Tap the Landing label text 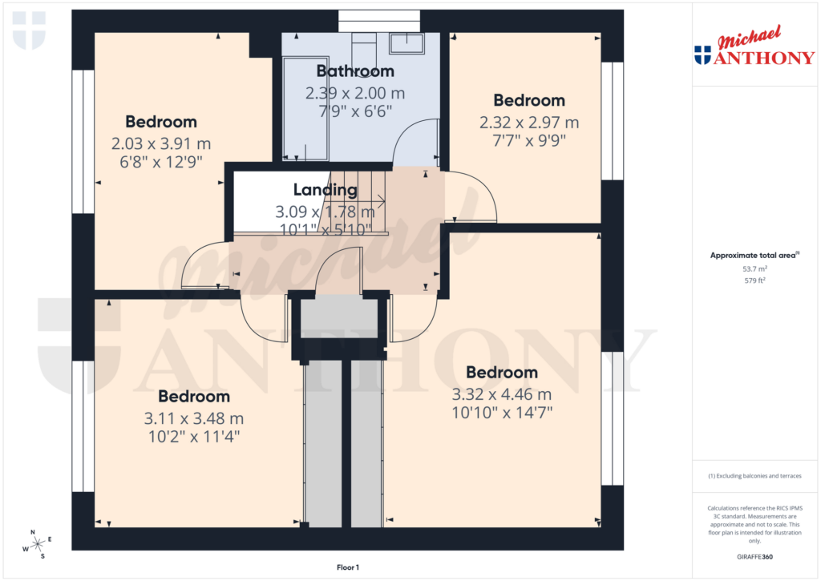325,190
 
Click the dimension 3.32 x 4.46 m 501,394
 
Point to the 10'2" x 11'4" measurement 193,437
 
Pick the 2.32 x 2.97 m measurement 528,123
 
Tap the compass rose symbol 37,544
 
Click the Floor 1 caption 347,567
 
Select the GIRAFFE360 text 755,557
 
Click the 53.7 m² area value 755,270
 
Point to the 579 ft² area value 755,281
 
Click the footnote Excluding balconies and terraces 754,476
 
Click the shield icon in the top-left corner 29,30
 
